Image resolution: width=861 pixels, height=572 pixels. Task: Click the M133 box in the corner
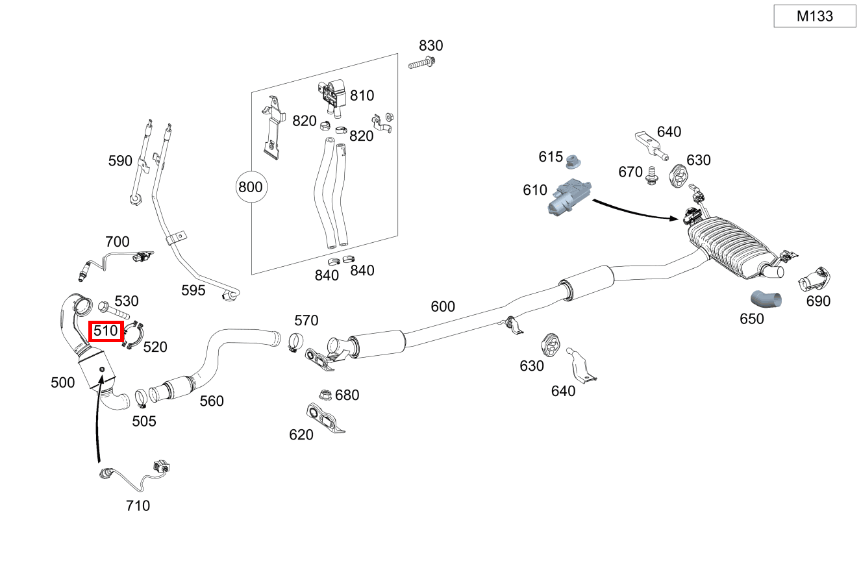[814, 16]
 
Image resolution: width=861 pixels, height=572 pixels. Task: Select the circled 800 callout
[250, 188]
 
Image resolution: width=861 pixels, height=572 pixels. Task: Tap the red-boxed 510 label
[106, 331]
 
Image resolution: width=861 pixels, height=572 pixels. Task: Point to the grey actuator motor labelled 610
[569, 197]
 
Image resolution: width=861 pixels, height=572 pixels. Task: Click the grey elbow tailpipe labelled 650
[767, 299]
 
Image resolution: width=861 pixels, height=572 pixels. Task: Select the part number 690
[818, 301]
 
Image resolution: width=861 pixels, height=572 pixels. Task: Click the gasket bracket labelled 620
[325, 419]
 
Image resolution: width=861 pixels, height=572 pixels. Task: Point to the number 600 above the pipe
[443, 306]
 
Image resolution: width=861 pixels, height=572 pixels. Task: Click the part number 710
[138, 505]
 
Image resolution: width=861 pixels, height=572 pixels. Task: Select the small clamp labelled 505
[140, 397]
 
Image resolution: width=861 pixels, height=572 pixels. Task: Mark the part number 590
[120, 161]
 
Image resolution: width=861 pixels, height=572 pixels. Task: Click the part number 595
[193, 290]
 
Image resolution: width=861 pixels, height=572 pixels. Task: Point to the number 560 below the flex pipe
[212, 401]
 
